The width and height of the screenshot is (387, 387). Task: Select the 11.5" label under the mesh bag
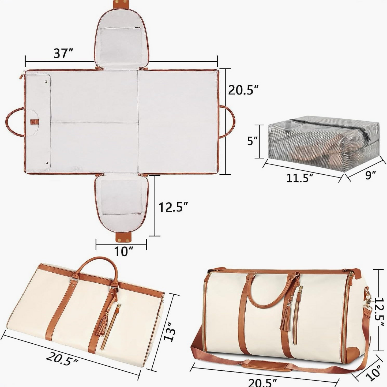299,178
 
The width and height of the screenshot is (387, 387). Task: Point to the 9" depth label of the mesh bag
370,175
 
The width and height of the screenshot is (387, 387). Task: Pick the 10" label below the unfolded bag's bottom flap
123,251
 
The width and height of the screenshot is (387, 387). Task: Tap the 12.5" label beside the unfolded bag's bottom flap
173,207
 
